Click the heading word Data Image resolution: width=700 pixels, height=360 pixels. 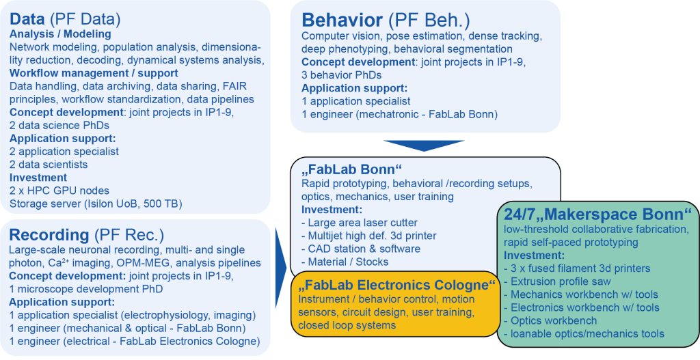tap(27, 19)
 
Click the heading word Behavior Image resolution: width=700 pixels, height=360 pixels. tap(342, 20)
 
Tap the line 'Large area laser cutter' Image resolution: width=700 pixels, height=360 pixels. tap(360, 223)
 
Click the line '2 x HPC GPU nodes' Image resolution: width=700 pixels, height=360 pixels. tap(59, 191)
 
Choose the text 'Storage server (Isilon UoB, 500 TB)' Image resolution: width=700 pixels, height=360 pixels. tap(96, 204)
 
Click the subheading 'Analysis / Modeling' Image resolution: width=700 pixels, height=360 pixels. tap(60, 34)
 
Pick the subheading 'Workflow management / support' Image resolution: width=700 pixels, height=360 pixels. tap(94, 72)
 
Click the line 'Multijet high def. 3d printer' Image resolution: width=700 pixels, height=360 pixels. tap(368, 236)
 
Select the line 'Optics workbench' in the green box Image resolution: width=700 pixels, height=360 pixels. tap(550, 320)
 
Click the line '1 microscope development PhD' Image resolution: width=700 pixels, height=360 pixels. tap(85, 289)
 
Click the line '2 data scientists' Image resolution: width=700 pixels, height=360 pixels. tap(49, 165)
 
